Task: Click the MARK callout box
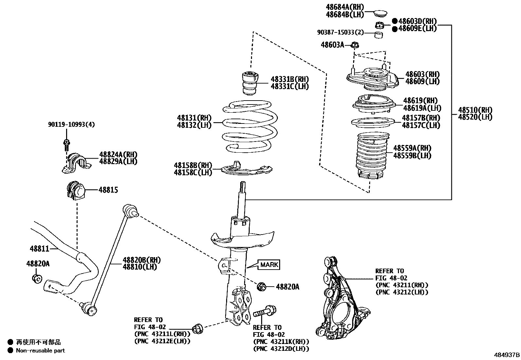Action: pos(269,264)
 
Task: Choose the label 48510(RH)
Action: pos(475,110)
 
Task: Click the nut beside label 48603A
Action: pos(354,45)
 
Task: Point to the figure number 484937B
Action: pos(506,355)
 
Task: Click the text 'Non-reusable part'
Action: pos(41,351)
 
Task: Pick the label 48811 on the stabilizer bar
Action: pos(39,249)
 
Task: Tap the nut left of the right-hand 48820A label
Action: pos(262,286)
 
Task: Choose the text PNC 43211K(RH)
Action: pos(280,342)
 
